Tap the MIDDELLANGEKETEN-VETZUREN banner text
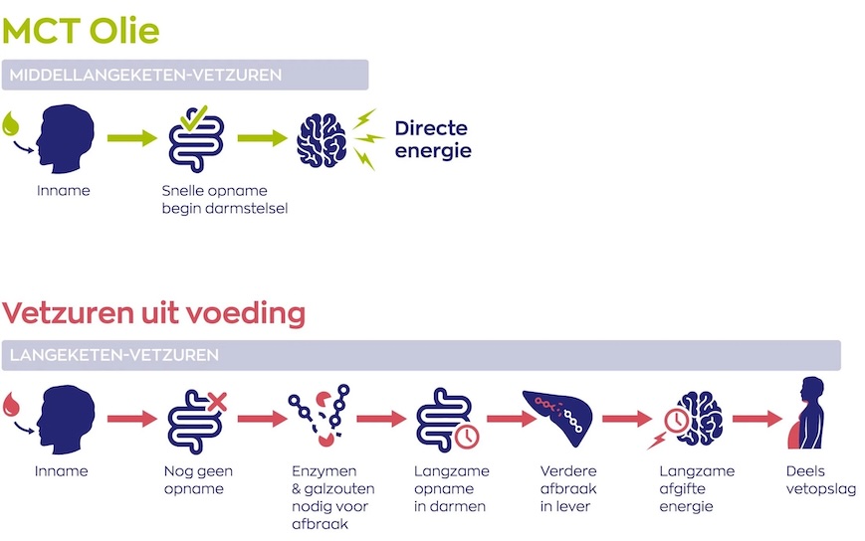(145, 75)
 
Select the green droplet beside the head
(13, 123)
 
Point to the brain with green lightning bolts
(323, 138)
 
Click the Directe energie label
(432, 139)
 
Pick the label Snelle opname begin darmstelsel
(225, 199)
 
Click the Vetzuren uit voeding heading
(153, 313)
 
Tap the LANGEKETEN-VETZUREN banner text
(113, 355)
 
